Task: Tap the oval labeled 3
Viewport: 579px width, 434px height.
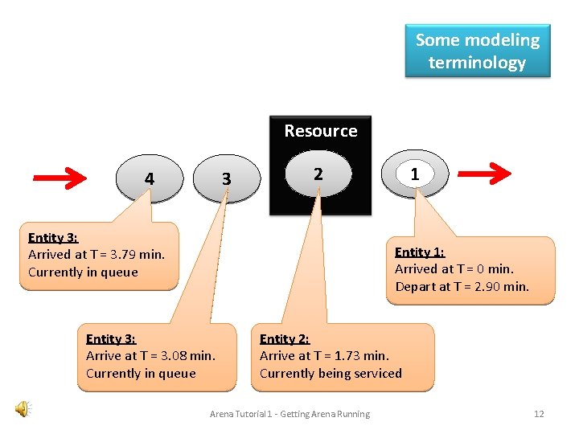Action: pyautogui.click(x=226, y=178)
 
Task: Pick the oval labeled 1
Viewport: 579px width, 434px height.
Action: pyautogui.click(x=414, y=174)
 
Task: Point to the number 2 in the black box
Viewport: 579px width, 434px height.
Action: pyautogui.click(x=318, y=174)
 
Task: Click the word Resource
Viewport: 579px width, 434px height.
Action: pyautogui.click(x=320, y=130)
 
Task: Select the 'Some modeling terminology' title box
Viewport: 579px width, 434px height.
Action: pyautogui.click(x=477, y=51)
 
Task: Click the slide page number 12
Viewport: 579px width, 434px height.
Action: pyautogui.click(x=539, y=414)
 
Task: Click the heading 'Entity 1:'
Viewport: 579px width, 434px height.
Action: pyautogui.click(x=419, y=252)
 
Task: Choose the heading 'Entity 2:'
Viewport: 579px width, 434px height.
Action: pyautogui.click(x=284, y=338)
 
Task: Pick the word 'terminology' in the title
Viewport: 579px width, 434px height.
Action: pyautogui.click(x=477, y=63)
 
